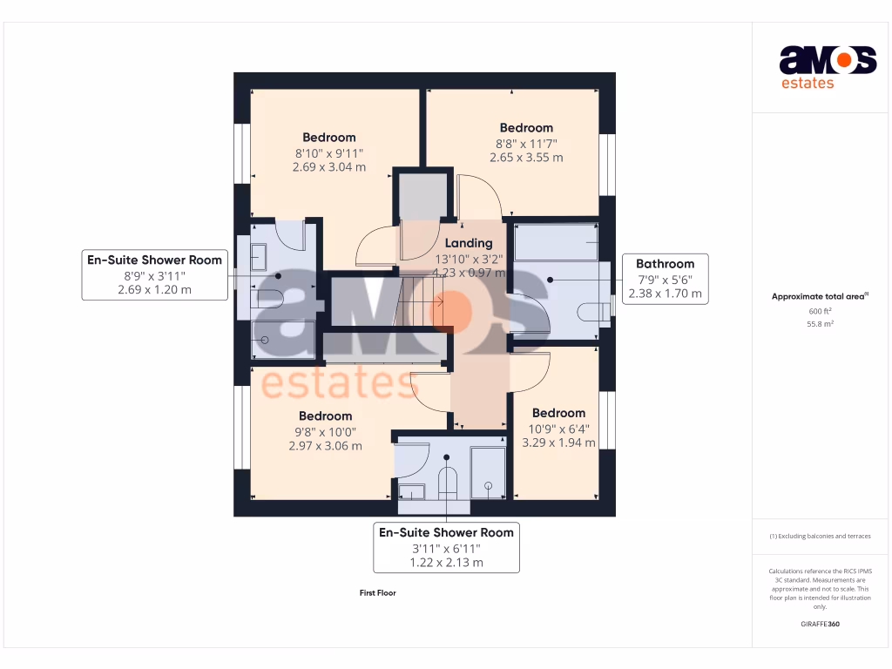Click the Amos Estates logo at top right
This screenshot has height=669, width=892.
pyautogui.click(x=827, y=67)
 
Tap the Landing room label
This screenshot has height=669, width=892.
pyautogui.click(x=469, y=243)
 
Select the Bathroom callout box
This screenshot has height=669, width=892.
pyautogui.click(x=665, y=279)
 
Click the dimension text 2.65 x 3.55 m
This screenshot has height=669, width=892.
pyautogui.click(x=526, y=158)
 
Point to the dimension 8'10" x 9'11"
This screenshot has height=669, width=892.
pyautogui.click(x=329, y=152)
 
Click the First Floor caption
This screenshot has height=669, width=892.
pyautogui.click(x=378, y=593)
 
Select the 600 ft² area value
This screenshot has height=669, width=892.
pyautogui.click(x=820, y=311)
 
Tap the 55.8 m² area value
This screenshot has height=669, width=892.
pyautogui.click(x=820, y=323)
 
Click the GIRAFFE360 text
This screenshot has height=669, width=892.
pyautogui.click(x=820, y=624)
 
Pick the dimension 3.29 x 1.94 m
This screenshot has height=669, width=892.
pyautogui.click(x=558, y=443)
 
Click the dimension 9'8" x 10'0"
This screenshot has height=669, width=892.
pyautogui.click(x=325, y=431)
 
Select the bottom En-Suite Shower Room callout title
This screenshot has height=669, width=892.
pyautogui.click(x=446, y=532)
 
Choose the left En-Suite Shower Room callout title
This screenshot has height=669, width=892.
pyautogui.click(x=154, y=260)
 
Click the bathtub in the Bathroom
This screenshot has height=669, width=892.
pyautogui.click(x=556, y=242)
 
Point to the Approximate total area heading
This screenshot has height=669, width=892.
pyautogui.click(x=820, y=297)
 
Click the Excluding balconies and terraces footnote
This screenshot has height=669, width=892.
pyautogui.click(x=820, y=536)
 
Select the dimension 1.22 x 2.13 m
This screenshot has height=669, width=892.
pyautogui.click(x=446, y=563)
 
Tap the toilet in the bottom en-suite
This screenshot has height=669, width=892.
pyautogui.click(x=447, y=482)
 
